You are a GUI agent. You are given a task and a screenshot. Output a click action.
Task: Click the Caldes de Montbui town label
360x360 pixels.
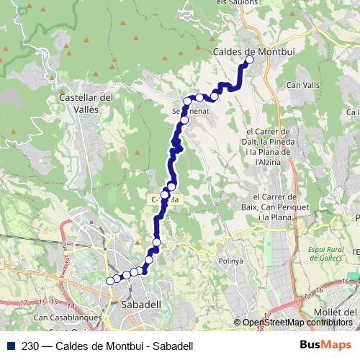(246, 51)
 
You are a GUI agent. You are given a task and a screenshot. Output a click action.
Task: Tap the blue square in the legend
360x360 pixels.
(9, 346)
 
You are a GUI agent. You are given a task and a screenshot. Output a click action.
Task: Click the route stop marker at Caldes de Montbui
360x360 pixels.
(250, 60)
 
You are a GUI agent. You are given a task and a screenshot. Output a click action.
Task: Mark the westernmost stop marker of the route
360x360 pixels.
(110, 281)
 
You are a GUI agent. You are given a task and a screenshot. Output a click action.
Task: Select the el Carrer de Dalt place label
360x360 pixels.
(268, 147)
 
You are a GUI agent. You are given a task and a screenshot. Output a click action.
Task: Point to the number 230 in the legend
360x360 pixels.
(30, 346)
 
